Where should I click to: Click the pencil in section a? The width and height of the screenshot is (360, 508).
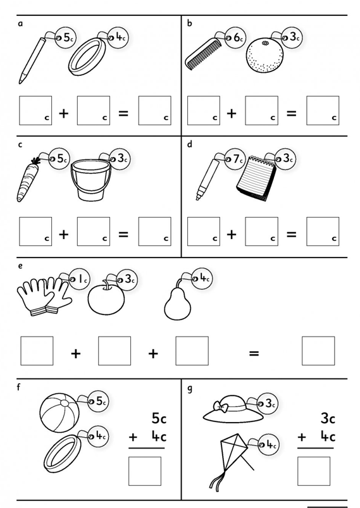(x=32, y=61)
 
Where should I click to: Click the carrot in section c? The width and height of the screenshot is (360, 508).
(x=27, y=180)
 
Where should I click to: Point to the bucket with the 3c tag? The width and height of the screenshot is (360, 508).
(x=90, y=180)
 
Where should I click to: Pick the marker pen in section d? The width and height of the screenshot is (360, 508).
(x=208, y=179)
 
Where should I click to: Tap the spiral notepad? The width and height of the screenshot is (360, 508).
(x=256, y=178)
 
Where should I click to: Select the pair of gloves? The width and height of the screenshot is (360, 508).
(x=44, y=297)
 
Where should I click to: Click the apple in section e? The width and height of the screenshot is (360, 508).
(x=106, y=298)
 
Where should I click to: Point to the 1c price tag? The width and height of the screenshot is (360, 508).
(x=80, y=279)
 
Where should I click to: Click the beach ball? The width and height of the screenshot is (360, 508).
(x=59, y=412)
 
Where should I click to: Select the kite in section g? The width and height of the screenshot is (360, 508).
(x=232, y=461)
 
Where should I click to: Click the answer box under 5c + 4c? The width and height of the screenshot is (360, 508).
(x=145, y=471)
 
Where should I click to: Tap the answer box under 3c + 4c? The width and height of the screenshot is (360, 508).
(x=314, y=471)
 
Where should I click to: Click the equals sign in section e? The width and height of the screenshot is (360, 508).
(x=254, y=353)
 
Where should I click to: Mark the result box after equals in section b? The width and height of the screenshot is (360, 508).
(x=323, y=111)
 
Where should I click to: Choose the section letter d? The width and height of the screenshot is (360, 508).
(x=190, y=144)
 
